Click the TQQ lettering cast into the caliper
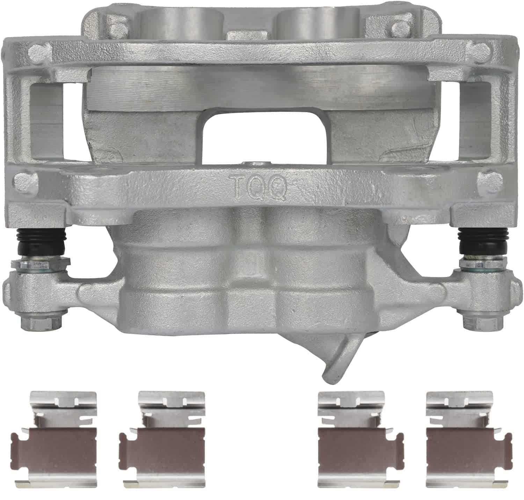(x=258, y=187)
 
